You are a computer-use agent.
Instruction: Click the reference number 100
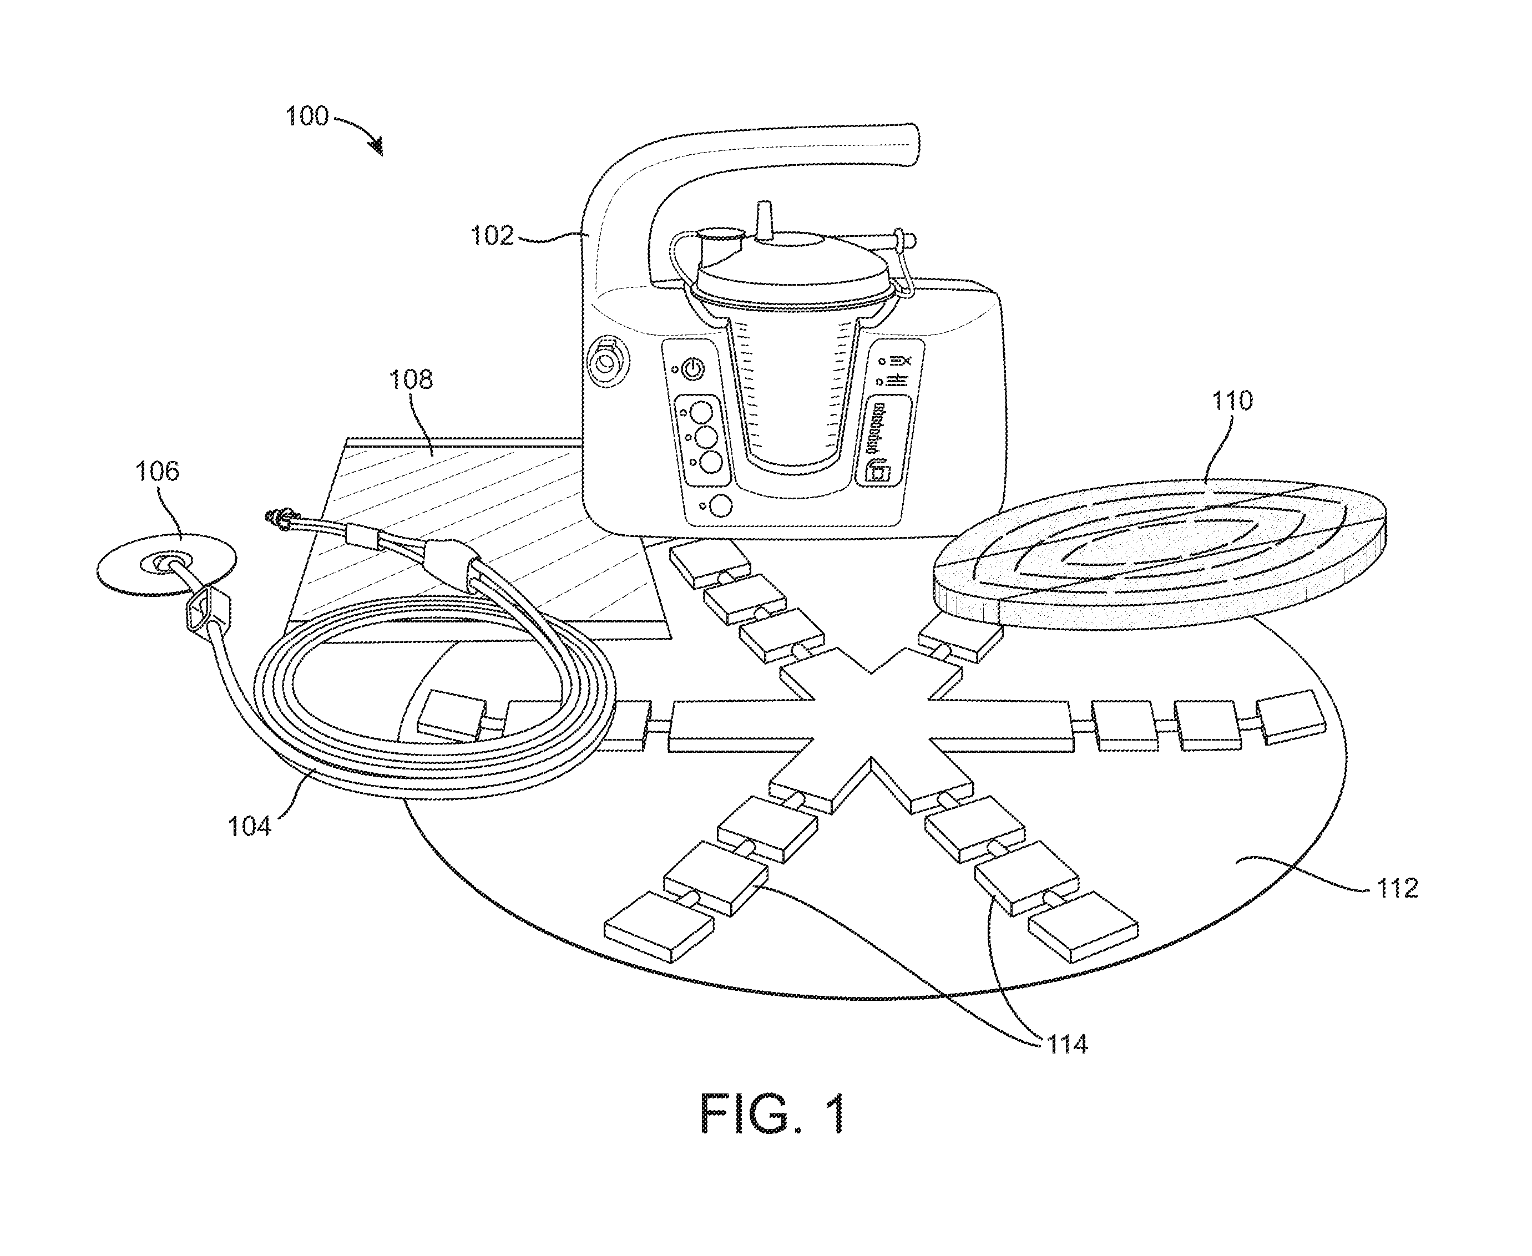[x=307, y=116]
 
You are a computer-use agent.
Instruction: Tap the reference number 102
[x=492, y=235]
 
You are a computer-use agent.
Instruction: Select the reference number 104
[x=249, y=825]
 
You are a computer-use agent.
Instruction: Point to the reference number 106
[x=157, y=471]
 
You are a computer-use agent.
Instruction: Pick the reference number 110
[x=1232, y=400]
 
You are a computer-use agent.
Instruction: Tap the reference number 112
[x=1397, y=888]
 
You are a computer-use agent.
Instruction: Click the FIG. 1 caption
[x=773, y=1113]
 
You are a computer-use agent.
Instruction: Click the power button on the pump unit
[x=692, y=369]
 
